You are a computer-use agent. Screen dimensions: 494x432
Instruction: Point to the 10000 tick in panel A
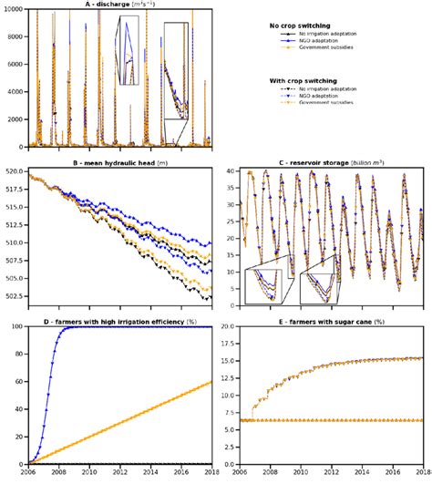point(15,9)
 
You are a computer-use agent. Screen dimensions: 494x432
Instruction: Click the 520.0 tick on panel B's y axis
point(15,171)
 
